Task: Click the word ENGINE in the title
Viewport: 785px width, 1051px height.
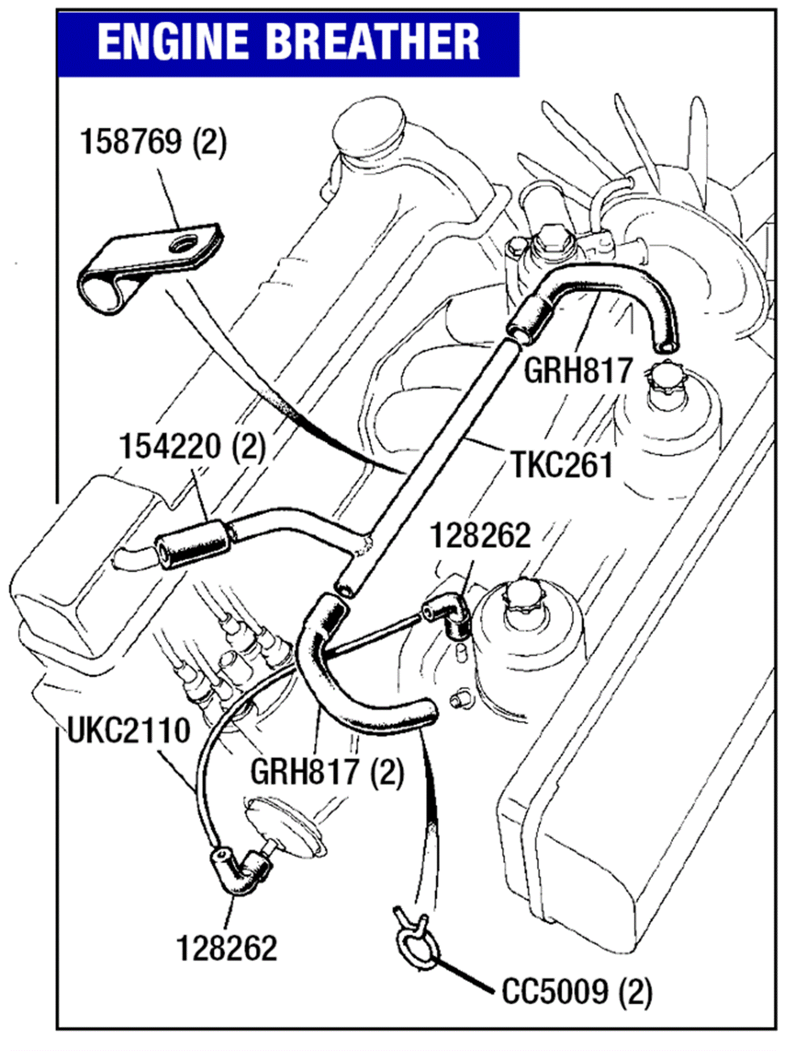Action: point(173,43)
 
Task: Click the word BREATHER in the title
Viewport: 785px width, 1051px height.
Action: point(373,43)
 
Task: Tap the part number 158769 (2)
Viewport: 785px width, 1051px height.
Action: point(153,142)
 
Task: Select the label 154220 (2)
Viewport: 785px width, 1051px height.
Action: point(192,447)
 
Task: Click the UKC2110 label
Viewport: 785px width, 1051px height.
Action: point(129,730)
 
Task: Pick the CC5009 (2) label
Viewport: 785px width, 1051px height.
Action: point(576,992)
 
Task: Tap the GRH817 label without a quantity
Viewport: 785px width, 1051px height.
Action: point(578,370)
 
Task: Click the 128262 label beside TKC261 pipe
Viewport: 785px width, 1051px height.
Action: point(480,536)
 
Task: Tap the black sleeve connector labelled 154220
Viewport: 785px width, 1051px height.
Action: point(193,544)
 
